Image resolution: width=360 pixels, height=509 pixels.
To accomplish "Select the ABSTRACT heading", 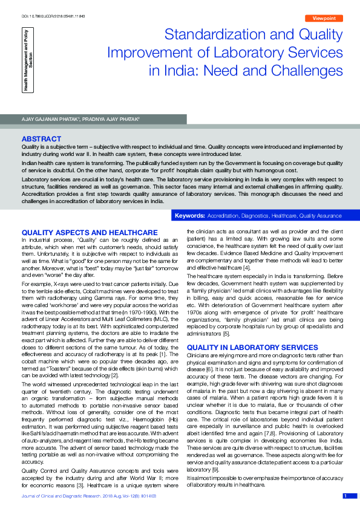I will (x=41, y=139).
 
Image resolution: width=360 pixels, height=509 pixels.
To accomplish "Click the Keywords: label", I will (x=189, y=216).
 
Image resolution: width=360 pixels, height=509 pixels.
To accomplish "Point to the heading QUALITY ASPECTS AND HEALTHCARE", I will (x=90, y=233).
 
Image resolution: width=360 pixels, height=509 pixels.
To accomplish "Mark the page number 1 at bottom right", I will (x=345, y=496).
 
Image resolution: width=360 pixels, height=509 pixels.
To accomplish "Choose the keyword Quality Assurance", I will (x=321, y=216).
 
